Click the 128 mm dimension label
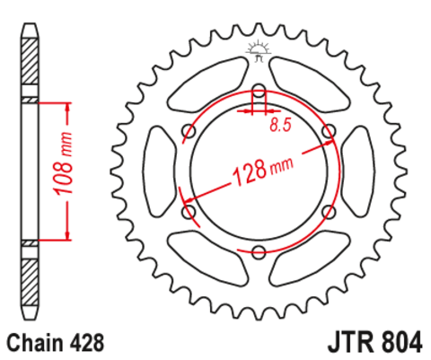(263, 171)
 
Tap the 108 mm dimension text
(63, 163)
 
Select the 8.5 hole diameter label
(280, 125)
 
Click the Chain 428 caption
(56, 342)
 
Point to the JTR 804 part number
(375, 342)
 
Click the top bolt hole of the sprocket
(259, 91)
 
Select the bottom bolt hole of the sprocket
(259, 251)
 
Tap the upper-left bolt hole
(189, 131)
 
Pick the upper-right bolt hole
(329, 131)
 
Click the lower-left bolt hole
(189, 212)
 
